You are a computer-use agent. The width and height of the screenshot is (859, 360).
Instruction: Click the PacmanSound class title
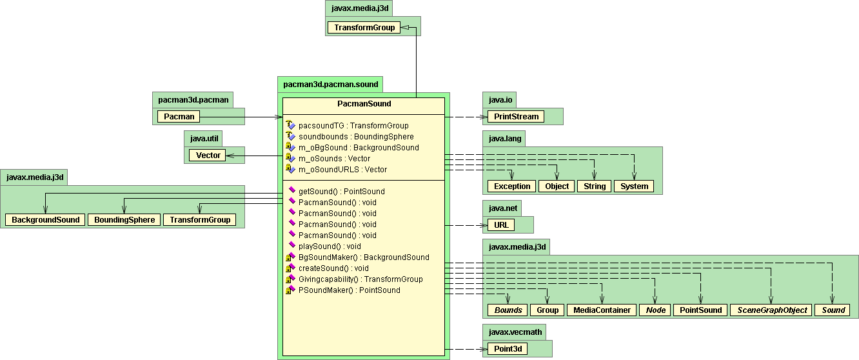pyautogui.click(x=364, y=104)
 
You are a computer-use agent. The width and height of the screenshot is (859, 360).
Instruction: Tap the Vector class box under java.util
pyautogui.click(x=208, y=155)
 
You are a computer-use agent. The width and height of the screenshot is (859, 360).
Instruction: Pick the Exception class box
pyautogui.click(x=512, y=186)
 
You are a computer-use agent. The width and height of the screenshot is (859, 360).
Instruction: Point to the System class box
pyautogui.click(x=634, y=186)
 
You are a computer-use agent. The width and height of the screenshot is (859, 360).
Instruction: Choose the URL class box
pyautogui.click(x=501, y=225)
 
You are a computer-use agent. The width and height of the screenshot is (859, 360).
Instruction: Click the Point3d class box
pyautogui.click(x=507, y=349)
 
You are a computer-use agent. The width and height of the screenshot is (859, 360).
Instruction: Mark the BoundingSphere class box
pyautogui.click(x=124, y=220)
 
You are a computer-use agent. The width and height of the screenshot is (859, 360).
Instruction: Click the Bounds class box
pyautogui.click(x=508, y=310)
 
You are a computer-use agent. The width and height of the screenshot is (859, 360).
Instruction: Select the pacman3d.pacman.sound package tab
pyautogui.click(x=330, y=84)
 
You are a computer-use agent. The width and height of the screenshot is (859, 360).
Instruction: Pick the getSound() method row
pyautogui.click(x=341, y=192)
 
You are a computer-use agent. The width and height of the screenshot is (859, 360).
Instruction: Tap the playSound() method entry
pyautogui.click(x=330, y=246)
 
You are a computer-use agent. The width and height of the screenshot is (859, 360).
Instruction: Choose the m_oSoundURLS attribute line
pyautogui.click(x=342, y=170)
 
